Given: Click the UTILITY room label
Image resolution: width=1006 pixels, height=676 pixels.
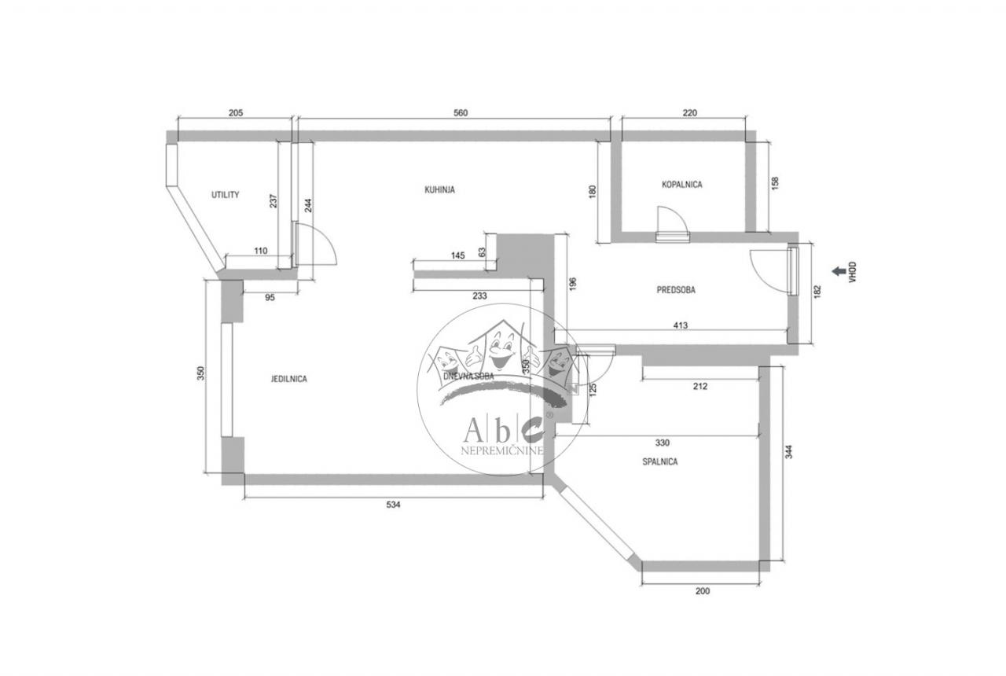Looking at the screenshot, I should point(225,195).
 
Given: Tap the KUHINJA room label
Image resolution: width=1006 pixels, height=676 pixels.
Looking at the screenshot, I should point(440,189).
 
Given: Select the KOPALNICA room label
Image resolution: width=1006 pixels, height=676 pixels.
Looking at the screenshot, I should point(681,185).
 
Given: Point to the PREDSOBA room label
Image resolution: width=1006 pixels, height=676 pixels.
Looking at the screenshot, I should point(676,289).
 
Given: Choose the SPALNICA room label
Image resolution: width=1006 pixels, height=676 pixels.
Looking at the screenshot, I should point(659,462).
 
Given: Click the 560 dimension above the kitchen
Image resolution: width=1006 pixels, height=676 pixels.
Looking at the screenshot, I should point(461,113).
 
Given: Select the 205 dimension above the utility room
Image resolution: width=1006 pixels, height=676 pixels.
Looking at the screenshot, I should point(235,113).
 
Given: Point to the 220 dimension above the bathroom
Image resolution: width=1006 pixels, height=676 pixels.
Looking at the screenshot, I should point(689,113).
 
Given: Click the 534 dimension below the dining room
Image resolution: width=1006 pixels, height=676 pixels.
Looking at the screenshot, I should point(394,505).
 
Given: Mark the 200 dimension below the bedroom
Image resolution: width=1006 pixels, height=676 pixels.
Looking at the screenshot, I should point(703,591).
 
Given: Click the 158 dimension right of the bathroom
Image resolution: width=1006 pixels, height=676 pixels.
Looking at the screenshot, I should point(775,183).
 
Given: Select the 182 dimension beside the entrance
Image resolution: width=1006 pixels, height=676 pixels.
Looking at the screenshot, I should point(817,292).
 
